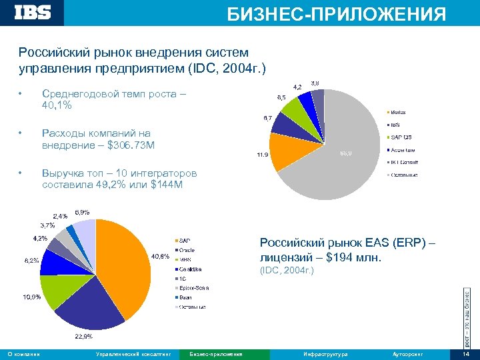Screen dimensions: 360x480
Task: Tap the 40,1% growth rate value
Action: pos(57,105)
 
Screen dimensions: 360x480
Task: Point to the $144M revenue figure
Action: pos(167,184)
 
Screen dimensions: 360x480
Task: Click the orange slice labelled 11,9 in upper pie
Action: pos(287,151)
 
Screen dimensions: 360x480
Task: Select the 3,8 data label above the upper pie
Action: pos(319,83)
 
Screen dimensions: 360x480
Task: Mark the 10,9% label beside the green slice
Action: pos(32,296)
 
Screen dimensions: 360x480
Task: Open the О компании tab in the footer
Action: pos(23,353)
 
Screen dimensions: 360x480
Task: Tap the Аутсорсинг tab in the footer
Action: pos(408,353)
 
